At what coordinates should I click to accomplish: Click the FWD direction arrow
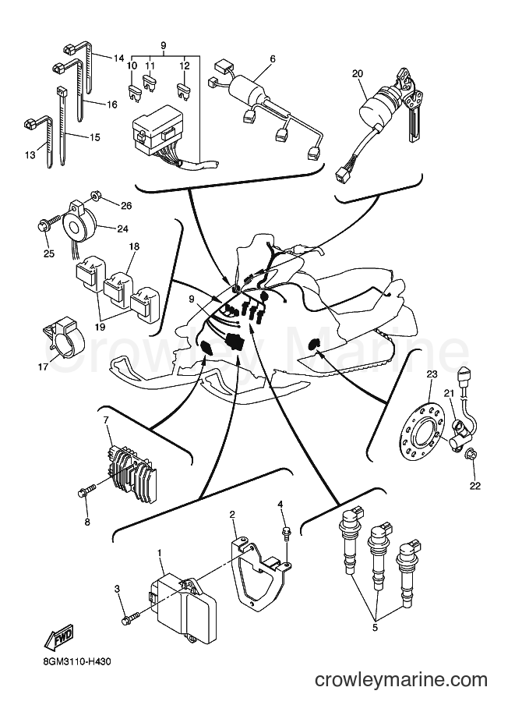tap(58, 636)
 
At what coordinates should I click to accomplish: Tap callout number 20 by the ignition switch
tap(358, 74)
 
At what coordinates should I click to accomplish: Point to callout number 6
tap(272, 58)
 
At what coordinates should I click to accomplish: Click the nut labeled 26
tap(96, 197)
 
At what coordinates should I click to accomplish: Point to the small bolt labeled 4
tap(286, 533)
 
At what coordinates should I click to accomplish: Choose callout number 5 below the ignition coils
tap(376, 629)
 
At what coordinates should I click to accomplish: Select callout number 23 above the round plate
tap(431, 374)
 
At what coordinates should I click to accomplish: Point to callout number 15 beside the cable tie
tap(94, 137)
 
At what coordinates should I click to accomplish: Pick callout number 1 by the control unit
tap(160, 553)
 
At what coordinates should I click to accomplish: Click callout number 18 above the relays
tap(134, 246)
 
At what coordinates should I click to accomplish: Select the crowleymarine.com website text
tap(401, 680)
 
